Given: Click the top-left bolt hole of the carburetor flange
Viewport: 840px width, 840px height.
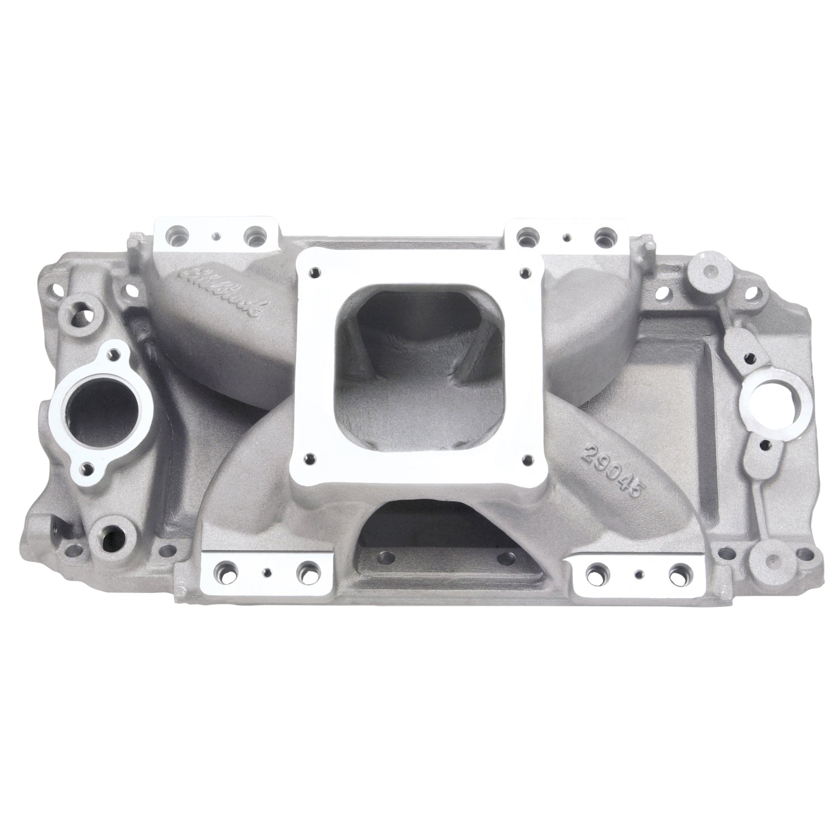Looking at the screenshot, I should pos(316,272).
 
